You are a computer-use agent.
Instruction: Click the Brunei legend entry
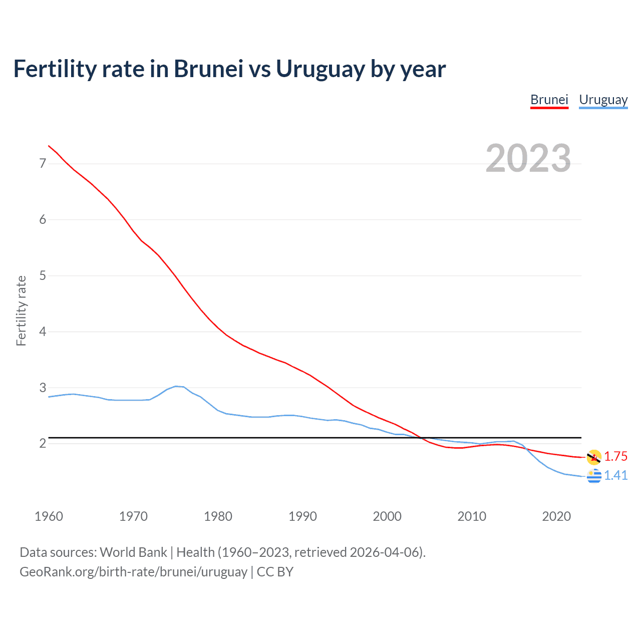tap(549, 100)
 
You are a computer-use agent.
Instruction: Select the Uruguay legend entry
tap(603, 100)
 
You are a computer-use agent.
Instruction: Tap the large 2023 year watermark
tap(528, 158)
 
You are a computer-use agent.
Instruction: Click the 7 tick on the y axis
tap(43, 163)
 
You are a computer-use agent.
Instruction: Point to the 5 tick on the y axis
tap(43, 275)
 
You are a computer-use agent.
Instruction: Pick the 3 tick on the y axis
tap(43, 388)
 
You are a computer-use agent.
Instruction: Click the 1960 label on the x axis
tap(49, 516)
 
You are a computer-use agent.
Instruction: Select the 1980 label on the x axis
tap(218, 516)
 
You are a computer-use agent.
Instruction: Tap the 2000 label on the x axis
tap(387, 516)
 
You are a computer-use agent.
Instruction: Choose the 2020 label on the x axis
tap(556, 516)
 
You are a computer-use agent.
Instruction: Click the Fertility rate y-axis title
tap(21, 310)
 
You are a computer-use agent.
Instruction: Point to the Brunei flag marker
tap(594, 457)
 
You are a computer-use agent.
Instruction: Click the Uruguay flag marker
tap(594, 476)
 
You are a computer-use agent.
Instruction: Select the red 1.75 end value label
tap(615, 456)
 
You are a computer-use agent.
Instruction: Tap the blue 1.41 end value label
tap(615, 475)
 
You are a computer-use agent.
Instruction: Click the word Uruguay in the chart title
tap(320, 69)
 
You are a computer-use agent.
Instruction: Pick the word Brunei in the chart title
tap(208, 69)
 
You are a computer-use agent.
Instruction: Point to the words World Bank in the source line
tap(133, 552)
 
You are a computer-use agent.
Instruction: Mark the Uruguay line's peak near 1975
tap(176, 386)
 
